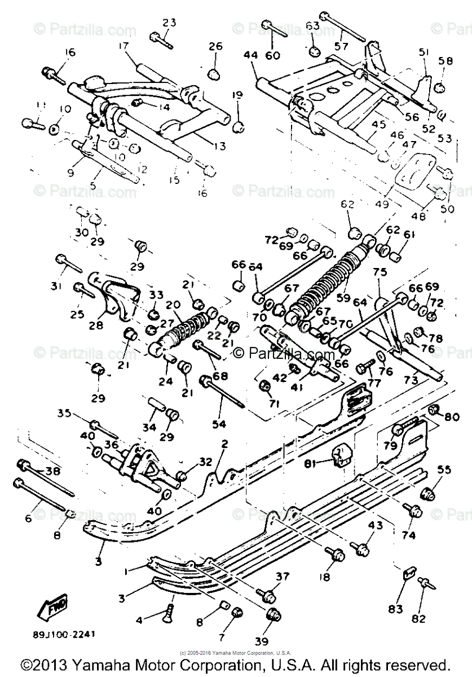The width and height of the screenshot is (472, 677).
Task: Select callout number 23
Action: [x=169, y=23]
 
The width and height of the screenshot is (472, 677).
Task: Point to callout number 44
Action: [x=250, y=56]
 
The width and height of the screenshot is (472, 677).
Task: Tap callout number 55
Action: [x=444, y=469]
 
